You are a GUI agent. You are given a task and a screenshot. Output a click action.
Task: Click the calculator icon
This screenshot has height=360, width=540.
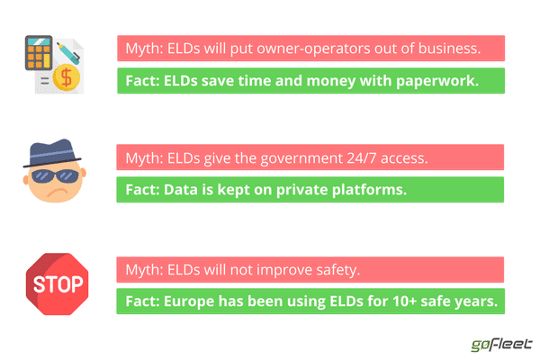tap(39, 53)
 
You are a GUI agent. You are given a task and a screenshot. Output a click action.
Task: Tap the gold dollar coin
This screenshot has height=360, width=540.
tap(67, 76)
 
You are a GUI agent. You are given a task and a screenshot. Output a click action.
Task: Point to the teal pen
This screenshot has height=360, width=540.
tap(68, 53)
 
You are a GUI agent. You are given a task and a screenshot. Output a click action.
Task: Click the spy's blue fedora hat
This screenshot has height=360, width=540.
tap(52, 153)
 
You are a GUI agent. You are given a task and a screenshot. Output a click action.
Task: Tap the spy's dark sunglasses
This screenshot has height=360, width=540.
tap(55, 176)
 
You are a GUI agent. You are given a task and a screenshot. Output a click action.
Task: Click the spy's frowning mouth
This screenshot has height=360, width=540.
tap(58, 193)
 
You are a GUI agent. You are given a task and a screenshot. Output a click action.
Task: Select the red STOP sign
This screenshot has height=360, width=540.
tap(58, 284)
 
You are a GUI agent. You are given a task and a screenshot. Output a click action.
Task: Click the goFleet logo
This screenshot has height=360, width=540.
tap(501, 345)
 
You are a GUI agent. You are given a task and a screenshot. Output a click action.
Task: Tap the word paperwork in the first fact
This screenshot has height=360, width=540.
tap(437, 81)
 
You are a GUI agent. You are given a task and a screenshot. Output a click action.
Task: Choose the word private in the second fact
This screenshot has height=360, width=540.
tap(302, 190)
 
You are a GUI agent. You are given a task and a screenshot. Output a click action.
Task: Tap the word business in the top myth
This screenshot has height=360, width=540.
tap(449, 49)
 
